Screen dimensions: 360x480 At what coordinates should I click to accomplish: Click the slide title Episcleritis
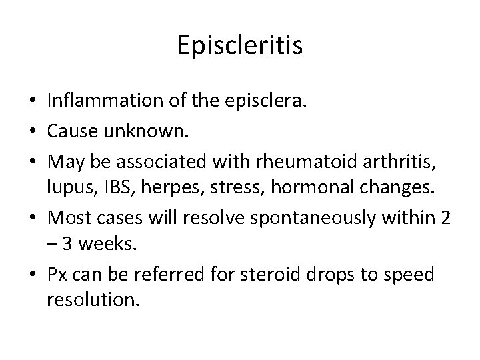241,46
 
